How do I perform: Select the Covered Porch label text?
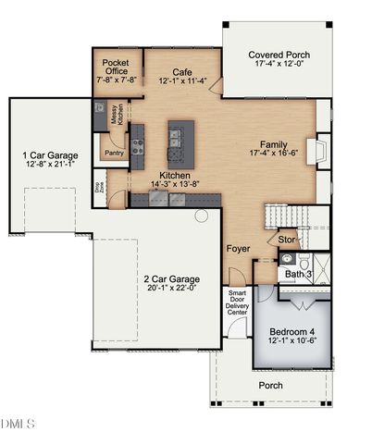tap(279, 55)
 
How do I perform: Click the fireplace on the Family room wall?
tap(320, 151)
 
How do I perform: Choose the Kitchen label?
tap(175, 175)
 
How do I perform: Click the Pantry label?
tap(115, 154)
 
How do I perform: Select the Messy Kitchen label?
tap(118, 115)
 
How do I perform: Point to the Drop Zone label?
tap(99, 186)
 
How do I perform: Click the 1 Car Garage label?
tap(51, 154)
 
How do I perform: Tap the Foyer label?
tap(239, 249)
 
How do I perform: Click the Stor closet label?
tap(287, 240)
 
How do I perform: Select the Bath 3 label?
tap(298, 275)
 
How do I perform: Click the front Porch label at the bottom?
tap(270, 385)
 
